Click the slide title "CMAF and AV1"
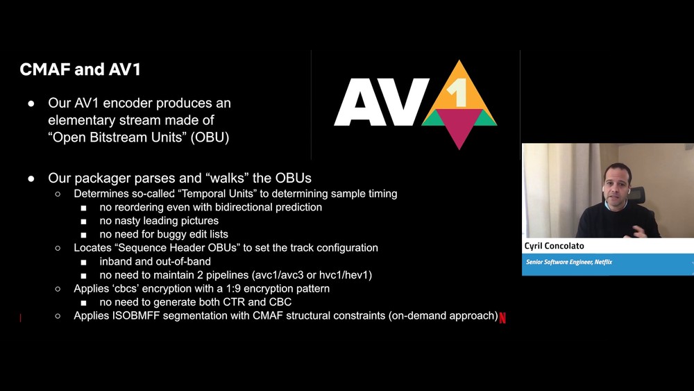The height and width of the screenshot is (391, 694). coord(80,69)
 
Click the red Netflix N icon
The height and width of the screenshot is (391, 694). coord(502,317)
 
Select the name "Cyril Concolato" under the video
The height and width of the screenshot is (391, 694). coord(554,246)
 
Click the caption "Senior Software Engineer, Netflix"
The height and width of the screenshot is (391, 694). coord(569,262)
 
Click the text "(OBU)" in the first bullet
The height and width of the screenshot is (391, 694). coord(210,138)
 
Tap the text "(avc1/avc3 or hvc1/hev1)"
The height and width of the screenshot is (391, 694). coord(312,275)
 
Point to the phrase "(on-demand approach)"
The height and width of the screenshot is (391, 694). coord(443,316)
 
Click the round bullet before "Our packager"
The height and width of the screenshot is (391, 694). coord(31,178)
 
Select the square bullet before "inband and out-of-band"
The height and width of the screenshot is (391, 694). coord(84,262)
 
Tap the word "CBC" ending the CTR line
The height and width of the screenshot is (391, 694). coord(280,302)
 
